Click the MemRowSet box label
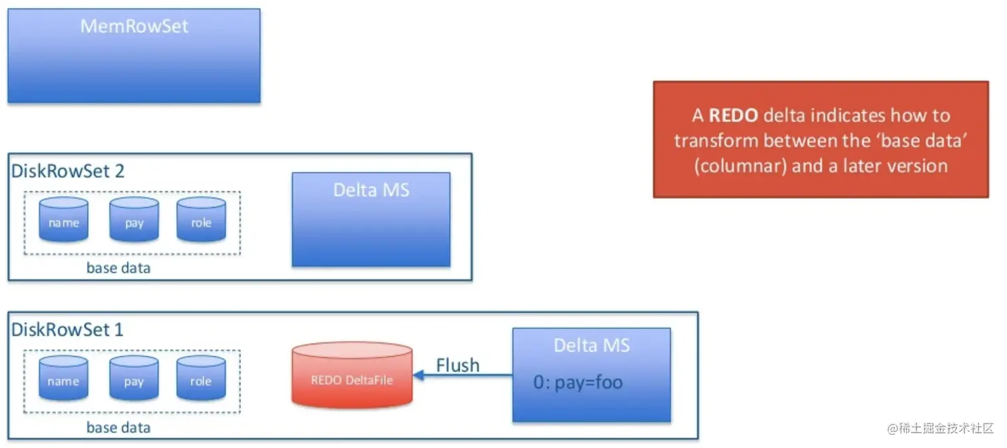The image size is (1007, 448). click(134, 27)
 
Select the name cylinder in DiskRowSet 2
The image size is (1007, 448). click(64, 219)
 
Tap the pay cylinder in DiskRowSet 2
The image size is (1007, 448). click(134, 219)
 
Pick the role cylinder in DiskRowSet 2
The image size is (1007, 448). click(201, 219)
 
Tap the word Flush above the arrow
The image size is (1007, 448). click(458, 365)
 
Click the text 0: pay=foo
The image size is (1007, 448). click(577, 383)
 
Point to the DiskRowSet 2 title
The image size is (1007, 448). click(68, 171)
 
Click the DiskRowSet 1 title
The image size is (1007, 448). click(67, 329)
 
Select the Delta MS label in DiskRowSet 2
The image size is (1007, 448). click(371, 190)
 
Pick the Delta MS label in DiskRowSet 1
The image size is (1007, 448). click(591, 345)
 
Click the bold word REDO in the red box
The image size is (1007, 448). click(733, 115)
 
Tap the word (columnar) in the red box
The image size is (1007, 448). click(740, 165)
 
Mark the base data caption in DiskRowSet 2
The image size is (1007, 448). click(119, 268)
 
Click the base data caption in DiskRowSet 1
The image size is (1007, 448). click(119, 427)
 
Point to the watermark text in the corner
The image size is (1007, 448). click(940, 427)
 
